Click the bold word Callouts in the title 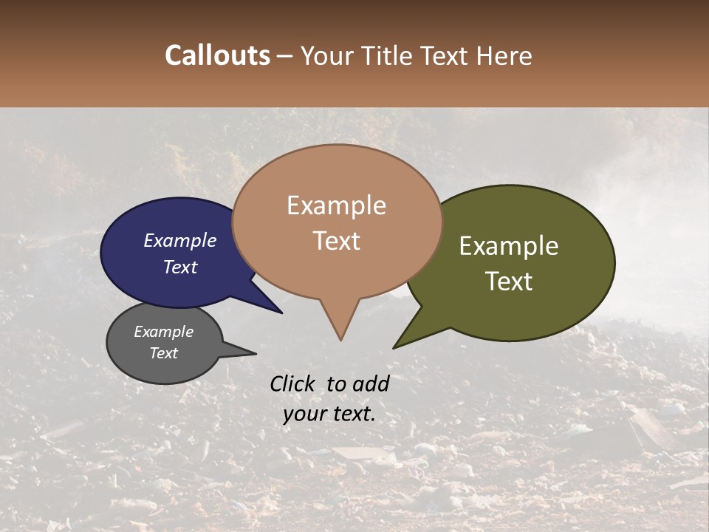coord(217,55)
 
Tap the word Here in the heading coord(506,55)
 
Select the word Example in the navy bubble coord(180,240)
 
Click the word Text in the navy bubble coord(180,267)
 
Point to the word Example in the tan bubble coord(336,205)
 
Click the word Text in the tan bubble coord(336,241)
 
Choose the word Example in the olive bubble coord(509,246)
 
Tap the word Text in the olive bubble coord(509,282)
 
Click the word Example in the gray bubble coord(163,332)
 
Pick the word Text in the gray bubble coord(163,353)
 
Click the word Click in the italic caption coord(292,383)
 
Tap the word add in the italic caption coord(371,383)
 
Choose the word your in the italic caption coord(304,414)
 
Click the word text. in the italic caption coord(353,414)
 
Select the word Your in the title coord(327,55)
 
